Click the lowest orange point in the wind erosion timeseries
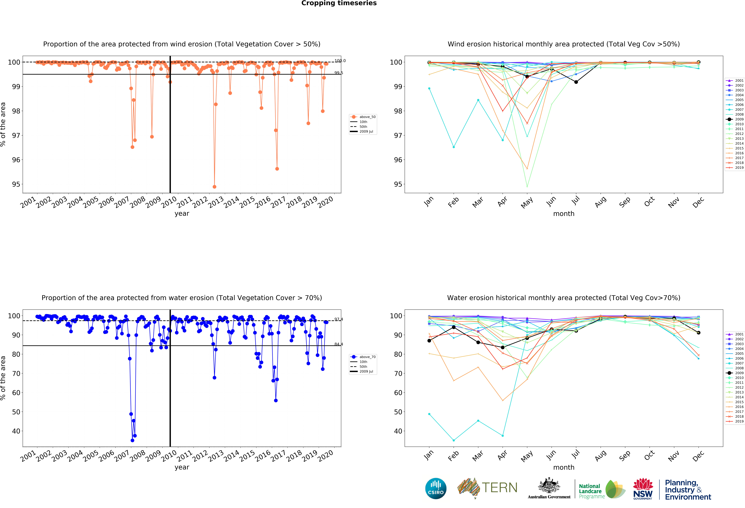214,187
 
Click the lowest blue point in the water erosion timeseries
132,440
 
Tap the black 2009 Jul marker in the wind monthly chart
576,82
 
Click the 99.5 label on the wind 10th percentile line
339,73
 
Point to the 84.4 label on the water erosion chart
339,344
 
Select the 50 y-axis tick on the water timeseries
16,412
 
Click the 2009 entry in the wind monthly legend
739,119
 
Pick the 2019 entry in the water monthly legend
739,421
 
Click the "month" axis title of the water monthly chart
564,467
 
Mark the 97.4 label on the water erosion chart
339,319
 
